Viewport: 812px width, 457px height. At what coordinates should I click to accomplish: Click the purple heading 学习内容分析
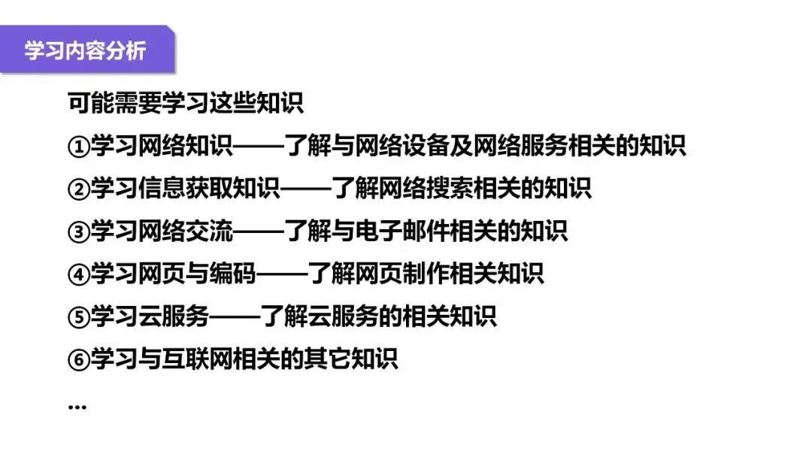point(85,51)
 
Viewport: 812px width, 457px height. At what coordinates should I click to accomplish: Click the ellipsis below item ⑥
point(77,407)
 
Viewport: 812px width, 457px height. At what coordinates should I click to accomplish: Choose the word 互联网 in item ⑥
point(198,359)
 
